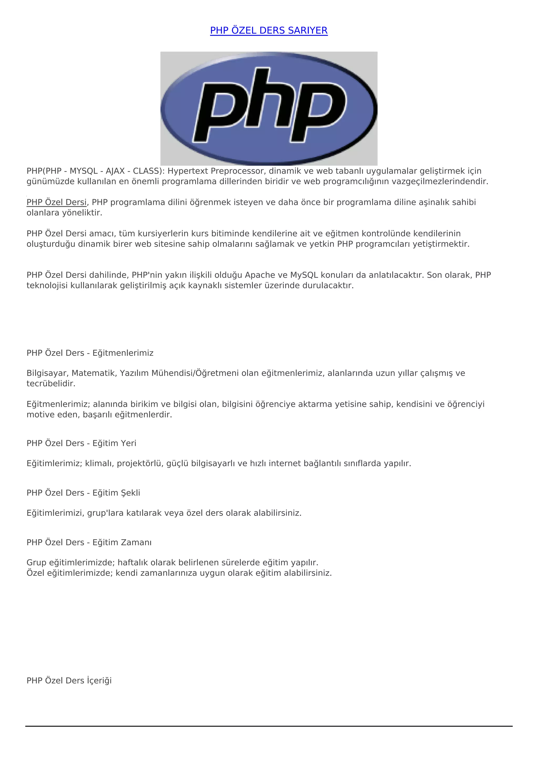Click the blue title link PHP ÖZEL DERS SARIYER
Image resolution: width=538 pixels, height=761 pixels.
tap(269, 30)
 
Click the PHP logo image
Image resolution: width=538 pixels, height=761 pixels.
tap(269, 108)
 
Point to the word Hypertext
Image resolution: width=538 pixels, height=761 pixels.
tap(188, 171)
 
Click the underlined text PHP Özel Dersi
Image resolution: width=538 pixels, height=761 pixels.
tap(56, 202)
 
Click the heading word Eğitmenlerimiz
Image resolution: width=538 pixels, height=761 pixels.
tap(123, 353)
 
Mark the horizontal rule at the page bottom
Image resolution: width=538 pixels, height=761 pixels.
tap(269, 726)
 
